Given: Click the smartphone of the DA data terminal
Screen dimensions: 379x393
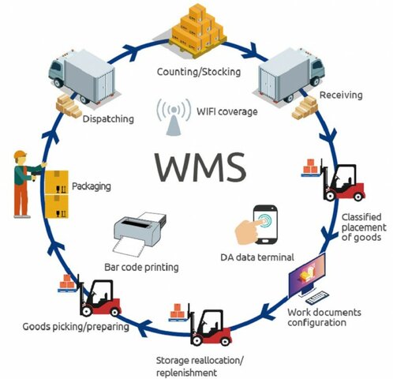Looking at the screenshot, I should pyautogui.click(x=265, y=223).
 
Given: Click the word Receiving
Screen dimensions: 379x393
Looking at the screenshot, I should pyautogui.click(x=341, y=96).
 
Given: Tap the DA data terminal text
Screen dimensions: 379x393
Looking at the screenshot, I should pyautogui.click(x=256, y=257).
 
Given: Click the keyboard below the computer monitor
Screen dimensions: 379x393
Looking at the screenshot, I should pyautogui.click(x=317, y=298).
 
